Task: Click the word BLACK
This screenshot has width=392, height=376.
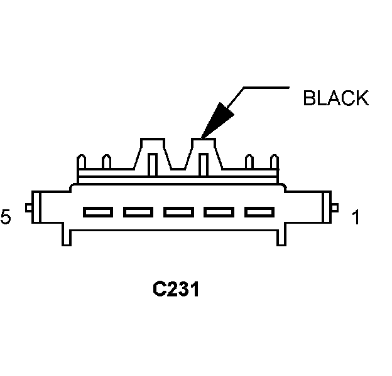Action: coord(335,98)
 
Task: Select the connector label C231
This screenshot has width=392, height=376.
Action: coord(176,290)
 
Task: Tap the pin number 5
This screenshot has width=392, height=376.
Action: coord(6,218)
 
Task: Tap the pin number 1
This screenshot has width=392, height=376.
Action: coord(356,218)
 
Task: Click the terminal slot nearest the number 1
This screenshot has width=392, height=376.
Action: coord(256,212)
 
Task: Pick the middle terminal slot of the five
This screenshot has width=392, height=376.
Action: coord(175,212)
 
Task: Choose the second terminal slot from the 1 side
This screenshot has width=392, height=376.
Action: coord(215,212)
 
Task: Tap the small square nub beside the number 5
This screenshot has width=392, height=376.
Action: coord(28,208)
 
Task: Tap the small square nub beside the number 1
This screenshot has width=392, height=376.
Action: coord(335,208)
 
